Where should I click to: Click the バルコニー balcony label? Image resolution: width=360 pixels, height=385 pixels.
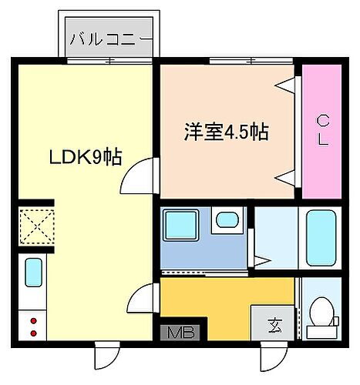(x=109, y=36)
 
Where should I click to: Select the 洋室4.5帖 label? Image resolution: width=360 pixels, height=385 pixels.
(x=226, y=132)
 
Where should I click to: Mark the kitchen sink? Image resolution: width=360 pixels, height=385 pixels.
(x=33, y=272)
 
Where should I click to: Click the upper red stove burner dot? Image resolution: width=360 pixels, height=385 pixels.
(x=33, y=320)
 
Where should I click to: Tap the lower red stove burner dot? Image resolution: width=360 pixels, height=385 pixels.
(x=33, y=333)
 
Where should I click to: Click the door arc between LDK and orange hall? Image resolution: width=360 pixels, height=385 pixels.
(x=143, y=298)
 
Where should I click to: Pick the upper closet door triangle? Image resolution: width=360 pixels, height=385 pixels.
(x=288, y=85)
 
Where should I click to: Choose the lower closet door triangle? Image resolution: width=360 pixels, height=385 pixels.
(x=288, y=178)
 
